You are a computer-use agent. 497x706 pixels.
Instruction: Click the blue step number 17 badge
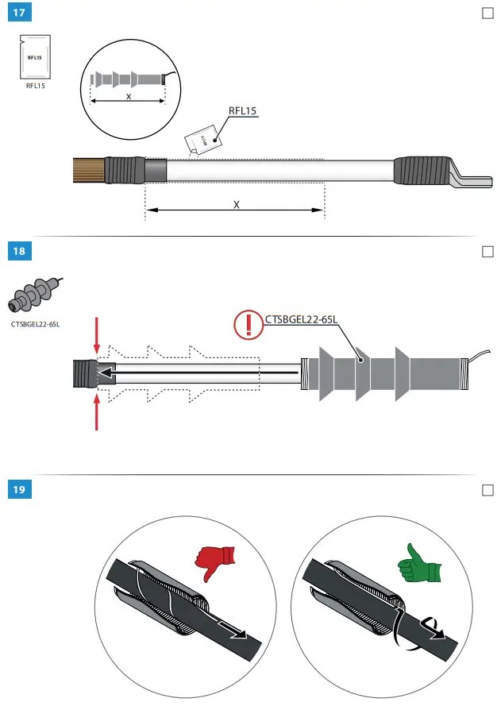click(x=18, y=14)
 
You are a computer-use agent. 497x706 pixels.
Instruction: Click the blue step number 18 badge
click(x=18, y=252)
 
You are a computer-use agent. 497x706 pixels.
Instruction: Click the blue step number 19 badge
click(x=18, y=490)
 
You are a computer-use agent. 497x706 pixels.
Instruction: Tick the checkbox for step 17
click(x=487, y=14)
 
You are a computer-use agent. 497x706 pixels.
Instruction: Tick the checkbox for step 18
click(x=487, y=252)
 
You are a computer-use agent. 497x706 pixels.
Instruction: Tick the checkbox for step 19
click(x=487, y=490)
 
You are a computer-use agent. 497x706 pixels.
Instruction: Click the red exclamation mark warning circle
click(x=248, y=324)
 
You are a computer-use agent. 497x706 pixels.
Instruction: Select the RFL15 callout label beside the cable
click(x=242, y=112)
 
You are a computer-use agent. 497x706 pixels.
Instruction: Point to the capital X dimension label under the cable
click(x=236, y=204)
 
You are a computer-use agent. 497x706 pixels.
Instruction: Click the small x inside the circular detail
click(x=129, y=96)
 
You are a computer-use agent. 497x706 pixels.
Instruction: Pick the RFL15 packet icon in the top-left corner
click(x=35, y=56)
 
